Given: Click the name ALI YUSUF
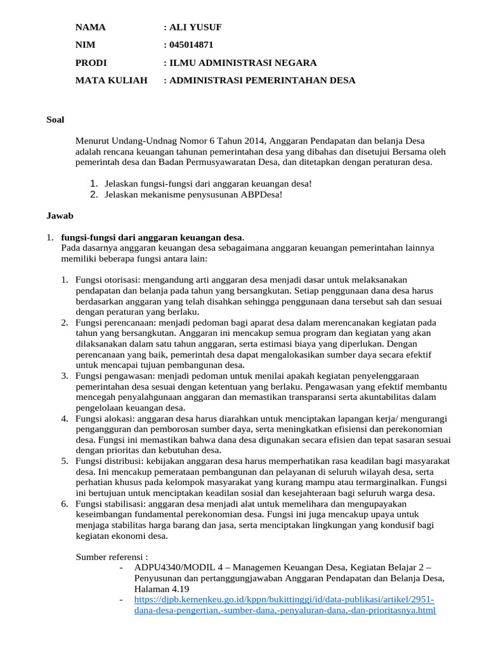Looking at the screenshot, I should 195,27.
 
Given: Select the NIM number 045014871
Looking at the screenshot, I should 191,45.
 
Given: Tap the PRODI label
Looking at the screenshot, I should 91,63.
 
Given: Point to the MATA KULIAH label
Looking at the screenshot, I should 111,81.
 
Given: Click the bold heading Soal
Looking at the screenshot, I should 55,119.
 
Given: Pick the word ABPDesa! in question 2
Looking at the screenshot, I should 264,194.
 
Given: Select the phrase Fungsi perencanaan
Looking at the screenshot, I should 112,322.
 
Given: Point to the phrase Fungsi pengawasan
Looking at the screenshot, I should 111,376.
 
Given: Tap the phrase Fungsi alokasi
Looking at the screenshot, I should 101,419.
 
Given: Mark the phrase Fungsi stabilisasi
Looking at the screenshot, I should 109,504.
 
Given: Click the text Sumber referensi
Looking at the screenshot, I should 111,557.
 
